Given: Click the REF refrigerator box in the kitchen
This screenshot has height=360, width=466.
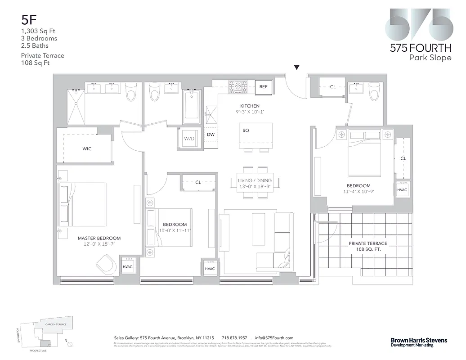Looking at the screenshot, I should [x=263, y=87].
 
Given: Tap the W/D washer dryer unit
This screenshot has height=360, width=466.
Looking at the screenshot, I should [x=188, y=139].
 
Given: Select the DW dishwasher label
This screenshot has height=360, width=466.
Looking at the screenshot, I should [x=211, y=134].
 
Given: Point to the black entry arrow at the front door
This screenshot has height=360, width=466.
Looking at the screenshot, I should [x=296, y=68].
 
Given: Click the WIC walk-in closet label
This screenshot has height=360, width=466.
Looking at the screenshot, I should [x=87, y=148].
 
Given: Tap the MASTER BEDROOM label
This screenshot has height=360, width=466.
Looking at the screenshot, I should [x=99, y=238].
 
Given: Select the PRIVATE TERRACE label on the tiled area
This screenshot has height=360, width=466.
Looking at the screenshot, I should [x=367, y=243].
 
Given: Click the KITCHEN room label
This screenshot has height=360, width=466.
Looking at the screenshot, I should [x=250, y=106].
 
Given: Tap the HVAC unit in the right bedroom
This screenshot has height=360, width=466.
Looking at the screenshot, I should [x=402, y=189].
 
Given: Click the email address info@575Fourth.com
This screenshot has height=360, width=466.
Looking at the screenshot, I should [x=274, y=338].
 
